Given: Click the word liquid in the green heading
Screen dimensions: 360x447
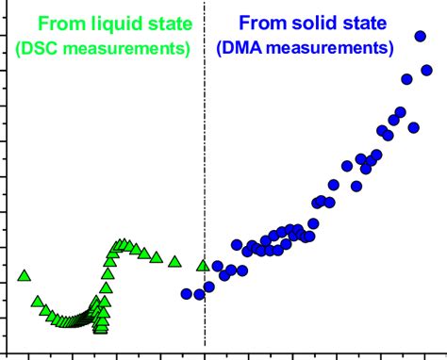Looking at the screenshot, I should [x=102, y=21].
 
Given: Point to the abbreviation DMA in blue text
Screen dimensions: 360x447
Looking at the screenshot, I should [x=242, y=46].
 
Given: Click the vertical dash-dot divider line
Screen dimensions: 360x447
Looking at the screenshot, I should [x=204, y=188].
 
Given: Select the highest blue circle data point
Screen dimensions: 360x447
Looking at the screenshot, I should [x=421, y=36].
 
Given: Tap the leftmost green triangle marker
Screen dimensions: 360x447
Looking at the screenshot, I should [x=25, y=276].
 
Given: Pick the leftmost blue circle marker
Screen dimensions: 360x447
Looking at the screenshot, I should [x=187, y=294].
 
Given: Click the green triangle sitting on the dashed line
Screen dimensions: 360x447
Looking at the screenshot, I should [x=203, y=265].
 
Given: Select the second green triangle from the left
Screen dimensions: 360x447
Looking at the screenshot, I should [x=37, y=302].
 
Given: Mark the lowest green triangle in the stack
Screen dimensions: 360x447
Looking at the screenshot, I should [x=101, y=329].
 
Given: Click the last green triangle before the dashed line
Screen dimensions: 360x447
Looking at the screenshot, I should [x=174, y=261].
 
